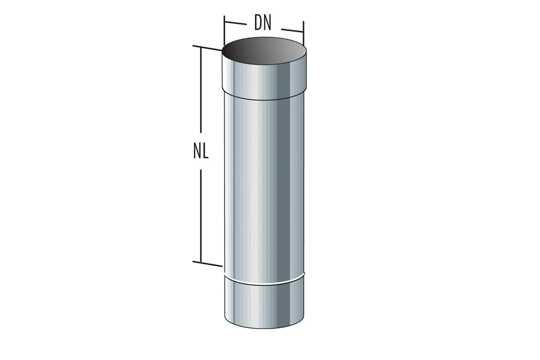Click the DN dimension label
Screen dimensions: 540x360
pos(263,23)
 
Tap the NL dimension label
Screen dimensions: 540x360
pos(201,151)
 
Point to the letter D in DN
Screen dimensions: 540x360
pos(258,23)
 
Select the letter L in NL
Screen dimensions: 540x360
pos(206,151)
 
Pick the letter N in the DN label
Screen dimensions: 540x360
pos(268,23)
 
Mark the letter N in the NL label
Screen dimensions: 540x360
pos(197,151)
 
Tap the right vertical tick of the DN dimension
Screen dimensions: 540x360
pos(304,33)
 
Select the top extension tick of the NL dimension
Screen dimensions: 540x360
pos(208,48)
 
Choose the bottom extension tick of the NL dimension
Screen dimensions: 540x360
pos(207,264)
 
